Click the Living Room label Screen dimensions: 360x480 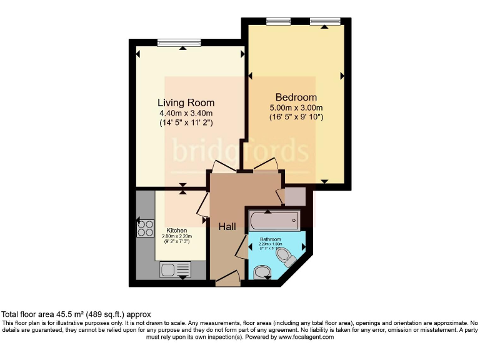point(186,102)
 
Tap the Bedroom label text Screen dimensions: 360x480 point(296,97)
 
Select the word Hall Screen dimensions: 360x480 point(227,227)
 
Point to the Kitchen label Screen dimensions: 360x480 point(177,231)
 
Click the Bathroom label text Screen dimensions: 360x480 point(271,239)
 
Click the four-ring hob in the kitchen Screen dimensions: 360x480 point(145,229)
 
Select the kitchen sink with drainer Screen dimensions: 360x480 point(176,269)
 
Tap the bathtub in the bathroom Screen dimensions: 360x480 point(274,221)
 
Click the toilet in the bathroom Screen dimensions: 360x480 point(288,257)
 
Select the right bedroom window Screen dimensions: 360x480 point(325,21)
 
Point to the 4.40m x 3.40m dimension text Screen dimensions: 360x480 point(186,113)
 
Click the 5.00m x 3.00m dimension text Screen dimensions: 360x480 point(296,107)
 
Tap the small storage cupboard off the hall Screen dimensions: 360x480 point(294,196)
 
